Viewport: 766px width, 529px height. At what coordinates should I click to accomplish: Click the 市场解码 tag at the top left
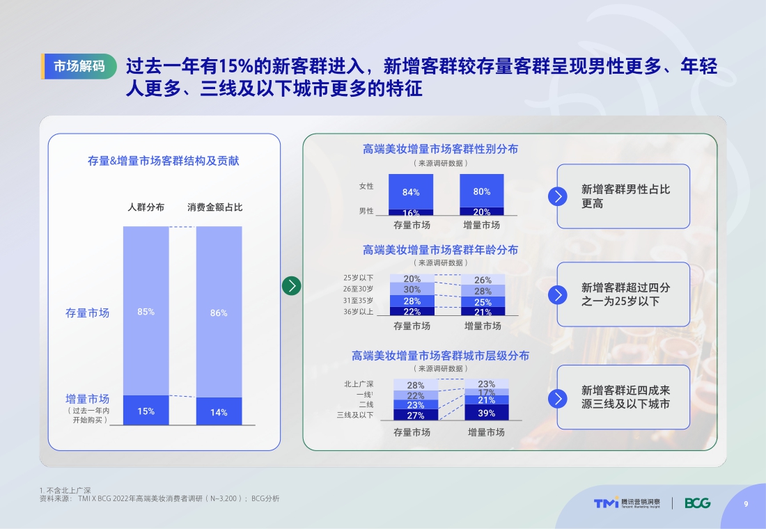(79, 66)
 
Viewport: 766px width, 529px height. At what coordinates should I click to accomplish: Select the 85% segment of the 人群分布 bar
(146, 311)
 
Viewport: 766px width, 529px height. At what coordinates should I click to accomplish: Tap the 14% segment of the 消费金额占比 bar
(219, 412)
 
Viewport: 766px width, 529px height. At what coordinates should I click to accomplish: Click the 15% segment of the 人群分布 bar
(146, 411)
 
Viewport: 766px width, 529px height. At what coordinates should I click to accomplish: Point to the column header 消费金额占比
(215, 207)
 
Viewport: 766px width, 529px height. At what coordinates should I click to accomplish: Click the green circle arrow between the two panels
(292, 285)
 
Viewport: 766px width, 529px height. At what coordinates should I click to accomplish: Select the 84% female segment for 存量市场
(411, 191)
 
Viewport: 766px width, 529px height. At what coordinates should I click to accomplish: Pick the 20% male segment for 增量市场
(482, 212)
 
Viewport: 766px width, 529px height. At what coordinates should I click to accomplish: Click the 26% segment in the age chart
(483, 280)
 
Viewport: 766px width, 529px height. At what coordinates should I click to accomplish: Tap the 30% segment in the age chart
(412, 290)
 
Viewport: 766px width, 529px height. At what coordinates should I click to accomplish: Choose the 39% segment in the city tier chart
(487, 413)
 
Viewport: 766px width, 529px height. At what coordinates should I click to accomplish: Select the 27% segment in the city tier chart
(416, 415)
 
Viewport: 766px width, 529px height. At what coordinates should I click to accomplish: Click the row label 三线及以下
(355, 416)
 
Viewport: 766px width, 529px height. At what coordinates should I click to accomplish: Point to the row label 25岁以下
(358, 278)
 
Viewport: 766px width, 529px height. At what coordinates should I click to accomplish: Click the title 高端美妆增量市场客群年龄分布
(440, 250)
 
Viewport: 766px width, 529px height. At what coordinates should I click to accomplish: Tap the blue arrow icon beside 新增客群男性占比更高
(558, 196)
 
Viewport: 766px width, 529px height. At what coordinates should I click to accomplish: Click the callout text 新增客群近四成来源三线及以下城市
(625, 397)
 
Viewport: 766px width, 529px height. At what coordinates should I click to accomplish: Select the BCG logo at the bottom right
(697, 503)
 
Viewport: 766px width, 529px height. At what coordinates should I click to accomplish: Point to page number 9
(746, 505)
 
